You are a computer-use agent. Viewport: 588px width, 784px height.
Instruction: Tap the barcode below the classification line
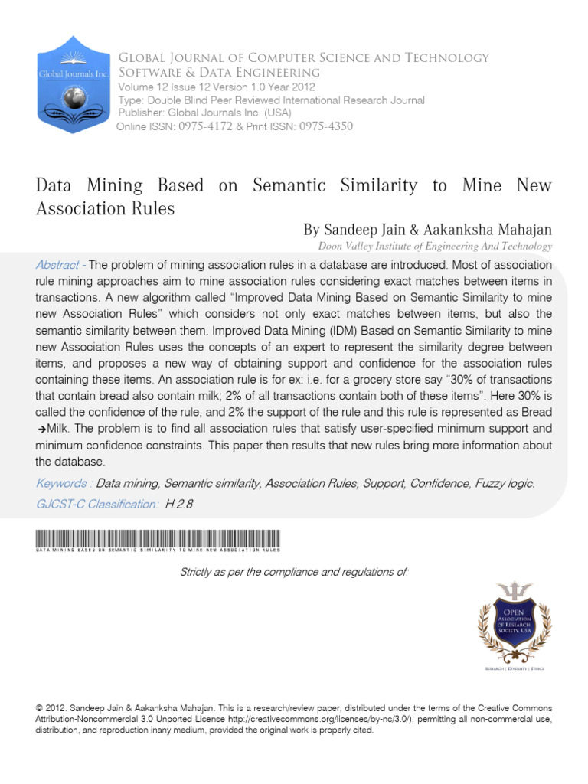158,538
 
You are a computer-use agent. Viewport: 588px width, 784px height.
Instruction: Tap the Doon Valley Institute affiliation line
435,247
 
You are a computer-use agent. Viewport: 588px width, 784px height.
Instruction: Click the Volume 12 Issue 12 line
216,87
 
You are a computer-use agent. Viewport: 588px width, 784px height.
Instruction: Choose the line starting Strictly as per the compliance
294,572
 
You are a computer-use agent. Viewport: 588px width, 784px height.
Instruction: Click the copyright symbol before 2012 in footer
40,709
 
